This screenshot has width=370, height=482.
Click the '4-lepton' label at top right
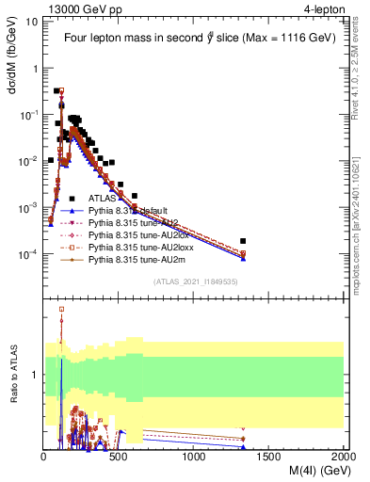pos(318,9)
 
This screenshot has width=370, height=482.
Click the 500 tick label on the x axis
pos(119,457)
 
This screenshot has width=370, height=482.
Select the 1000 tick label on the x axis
pos(194,457)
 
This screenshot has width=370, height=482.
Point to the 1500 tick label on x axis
pos(269,457)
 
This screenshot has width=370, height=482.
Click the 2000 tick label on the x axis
pos(343,457)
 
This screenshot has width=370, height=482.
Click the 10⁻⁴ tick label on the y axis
pos(30,254)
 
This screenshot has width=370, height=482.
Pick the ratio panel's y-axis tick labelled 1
pos(36,375)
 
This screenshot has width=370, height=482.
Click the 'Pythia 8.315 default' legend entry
pos(134,211)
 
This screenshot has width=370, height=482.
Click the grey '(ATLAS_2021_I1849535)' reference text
pos(194,281)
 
